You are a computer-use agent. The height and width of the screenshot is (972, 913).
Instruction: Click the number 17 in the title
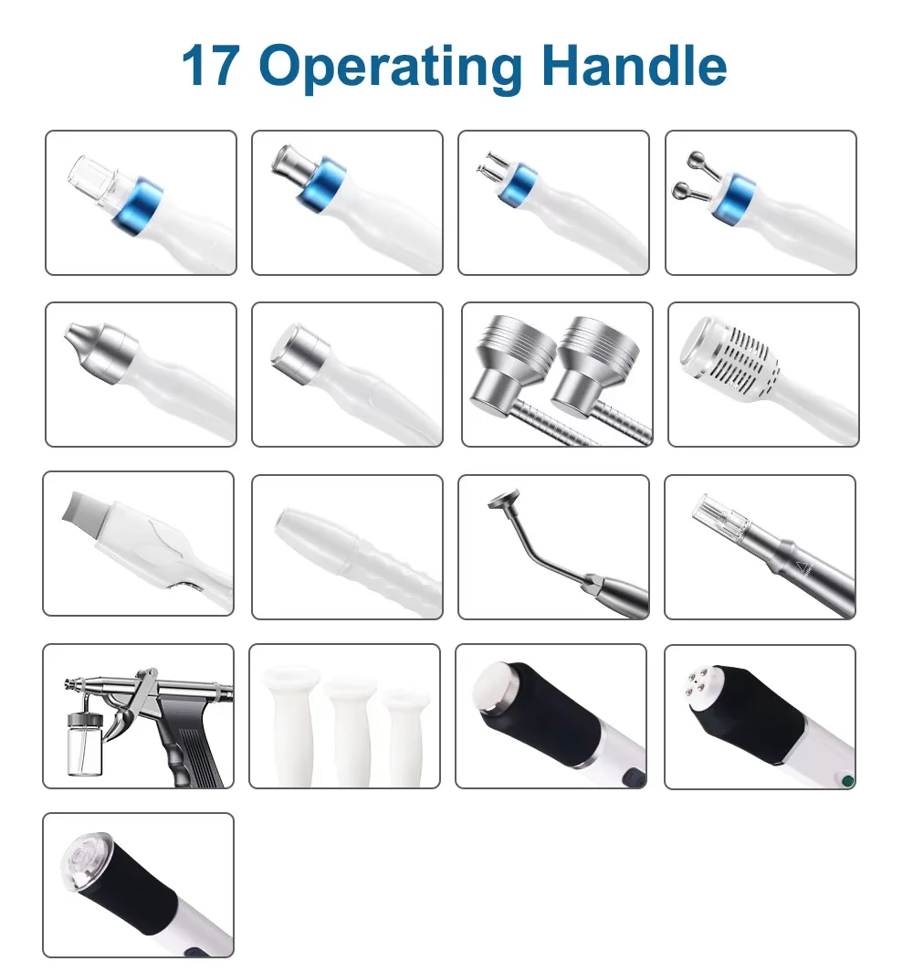[211, 65]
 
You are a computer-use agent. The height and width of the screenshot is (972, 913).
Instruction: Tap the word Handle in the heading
[635, 65]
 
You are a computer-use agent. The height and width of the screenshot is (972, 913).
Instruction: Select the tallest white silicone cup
[289, 725]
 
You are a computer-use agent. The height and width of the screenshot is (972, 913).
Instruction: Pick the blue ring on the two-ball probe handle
[735, 198]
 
